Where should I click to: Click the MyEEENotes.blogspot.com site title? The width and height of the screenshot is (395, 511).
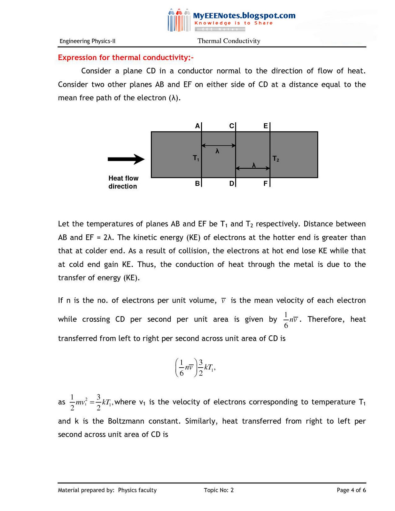[x=244, y=15]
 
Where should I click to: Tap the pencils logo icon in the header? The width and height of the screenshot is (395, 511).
[x=179, y=20]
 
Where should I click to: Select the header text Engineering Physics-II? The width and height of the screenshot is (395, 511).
[x=87, y=41]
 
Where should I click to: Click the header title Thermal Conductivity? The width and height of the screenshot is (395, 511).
[x=229, y=41]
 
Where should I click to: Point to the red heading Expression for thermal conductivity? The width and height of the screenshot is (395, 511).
[x=126, y=57]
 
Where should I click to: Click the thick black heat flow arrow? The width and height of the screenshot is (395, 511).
[x=126, y=159]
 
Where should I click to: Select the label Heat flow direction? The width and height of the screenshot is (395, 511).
[x=123, y=182]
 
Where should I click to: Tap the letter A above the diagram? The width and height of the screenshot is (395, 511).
[x=197, y=126]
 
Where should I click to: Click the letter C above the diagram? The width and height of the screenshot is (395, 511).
[x=231, y=126]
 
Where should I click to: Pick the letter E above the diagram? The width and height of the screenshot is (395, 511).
[x=266, y=126]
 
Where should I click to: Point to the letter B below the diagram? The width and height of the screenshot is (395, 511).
[x=197, y=184]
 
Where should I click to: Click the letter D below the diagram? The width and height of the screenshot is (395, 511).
[x=231, y=184]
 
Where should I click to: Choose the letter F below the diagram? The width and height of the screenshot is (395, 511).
[x=265, y=184]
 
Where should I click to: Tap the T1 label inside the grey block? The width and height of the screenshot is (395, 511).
[x=196, y=158]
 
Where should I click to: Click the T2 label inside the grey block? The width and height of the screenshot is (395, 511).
[x=276, y=159]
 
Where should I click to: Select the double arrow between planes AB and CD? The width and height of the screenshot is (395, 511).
[x=219, y=146]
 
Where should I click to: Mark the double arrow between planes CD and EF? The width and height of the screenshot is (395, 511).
[x=253, y=168]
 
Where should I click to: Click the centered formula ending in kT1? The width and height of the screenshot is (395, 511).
[x=195, y=368]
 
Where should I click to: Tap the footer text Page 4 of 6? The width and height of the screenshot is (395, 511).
[x=351, y=490]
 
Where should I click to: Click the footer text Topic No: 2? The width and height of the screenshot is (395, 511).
[x=219, y=490]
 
